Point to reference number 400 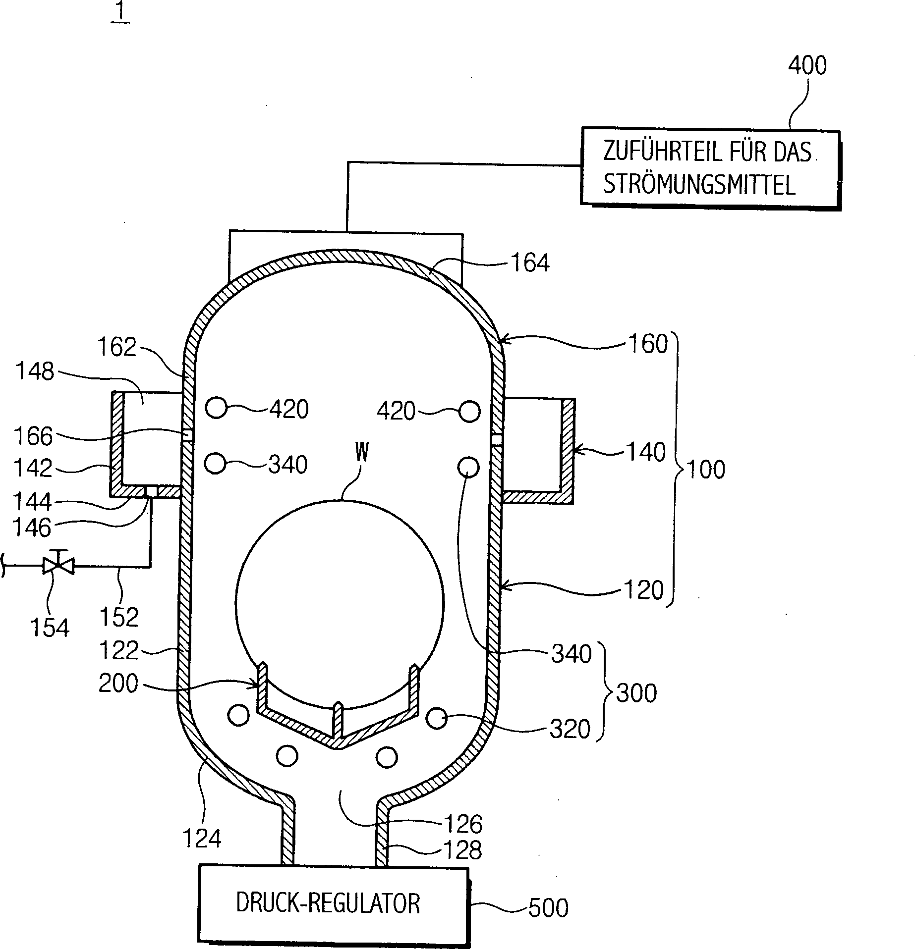click(807, 65)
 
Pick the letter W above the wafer click(361, 452)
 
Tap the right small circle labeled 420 click(469, 411)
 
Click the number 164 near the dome click(530, 263)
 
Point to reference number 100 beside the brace click(706, 469)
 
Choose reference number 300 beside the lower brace click(636, 693)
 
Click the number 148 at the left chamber click(35, 371)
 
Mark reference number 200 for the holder click(118, 684)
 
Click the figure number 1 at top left click(120, 12)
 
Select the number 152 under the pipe click(119, 617)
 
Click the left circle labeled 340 click(215, 464)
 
